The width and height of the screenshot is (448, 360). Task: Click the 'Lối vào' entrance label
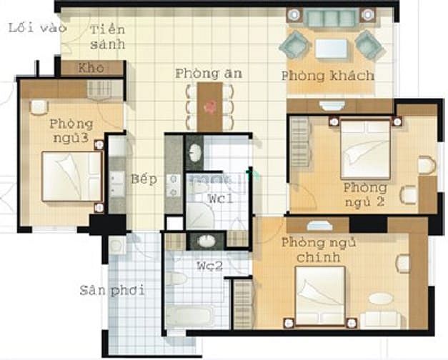[37, 28]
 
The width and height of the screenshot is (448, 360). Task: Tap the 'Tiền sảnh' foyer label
[108, 37]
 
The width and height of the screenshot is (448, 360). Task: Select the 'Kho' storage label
[91, 68]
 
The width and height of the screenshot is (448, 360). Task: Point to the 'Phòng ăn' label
[209, 74]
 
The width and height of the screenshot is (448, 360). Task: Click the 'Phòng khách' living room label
[328, 76]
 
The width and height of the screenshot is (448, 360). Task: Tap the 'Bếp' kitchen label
[144, 179]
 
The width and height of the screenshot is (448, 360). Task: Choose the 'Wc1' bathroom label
[221, 198]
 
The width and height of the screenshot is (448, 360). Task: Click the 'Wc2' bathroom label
[210, 266]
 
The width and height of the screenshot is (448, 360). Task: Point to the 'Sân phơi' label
[111, 290]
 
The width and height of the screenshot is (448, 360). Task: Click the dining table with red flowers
[209, 107]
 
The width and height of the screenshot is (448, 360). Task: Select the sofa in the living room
[332, 17]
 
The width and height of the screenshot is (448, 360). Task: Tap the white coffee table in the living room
[332, 49]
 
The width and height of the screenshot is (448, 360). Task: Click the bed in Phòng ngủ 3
[72, 176]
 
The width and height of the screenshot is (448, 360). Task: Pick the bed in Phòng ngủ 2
[366, 149]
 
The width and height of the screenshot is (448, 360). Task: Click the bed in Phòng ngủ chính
[320, 296]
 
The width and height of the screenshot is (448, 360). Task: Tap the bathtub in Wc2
[190, 316]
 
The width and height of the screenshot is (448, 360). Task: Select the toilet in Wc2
[176, 279]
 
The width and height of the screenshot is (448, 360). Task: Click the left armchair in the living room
[295, 45]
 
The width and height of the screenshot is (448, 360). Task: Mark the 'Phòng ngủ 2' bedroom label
[365, 195]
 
